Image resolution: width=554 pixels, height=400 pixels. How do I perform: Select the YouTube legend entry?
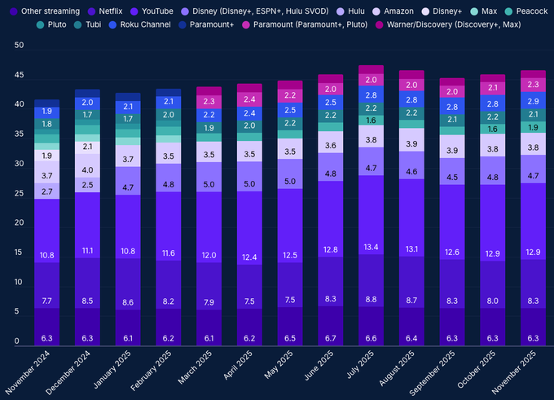(x=156, y=11)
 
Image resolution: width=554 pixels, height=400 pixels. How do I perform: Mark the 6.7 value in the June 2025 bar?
(x=331, y=338)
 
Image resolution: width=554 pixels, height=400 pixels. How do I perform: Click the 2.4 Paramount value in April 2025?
(x=249, y=99)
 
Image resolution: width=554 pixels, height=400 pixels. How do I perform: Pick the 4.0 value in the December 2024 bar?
(x=88, y=169)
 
